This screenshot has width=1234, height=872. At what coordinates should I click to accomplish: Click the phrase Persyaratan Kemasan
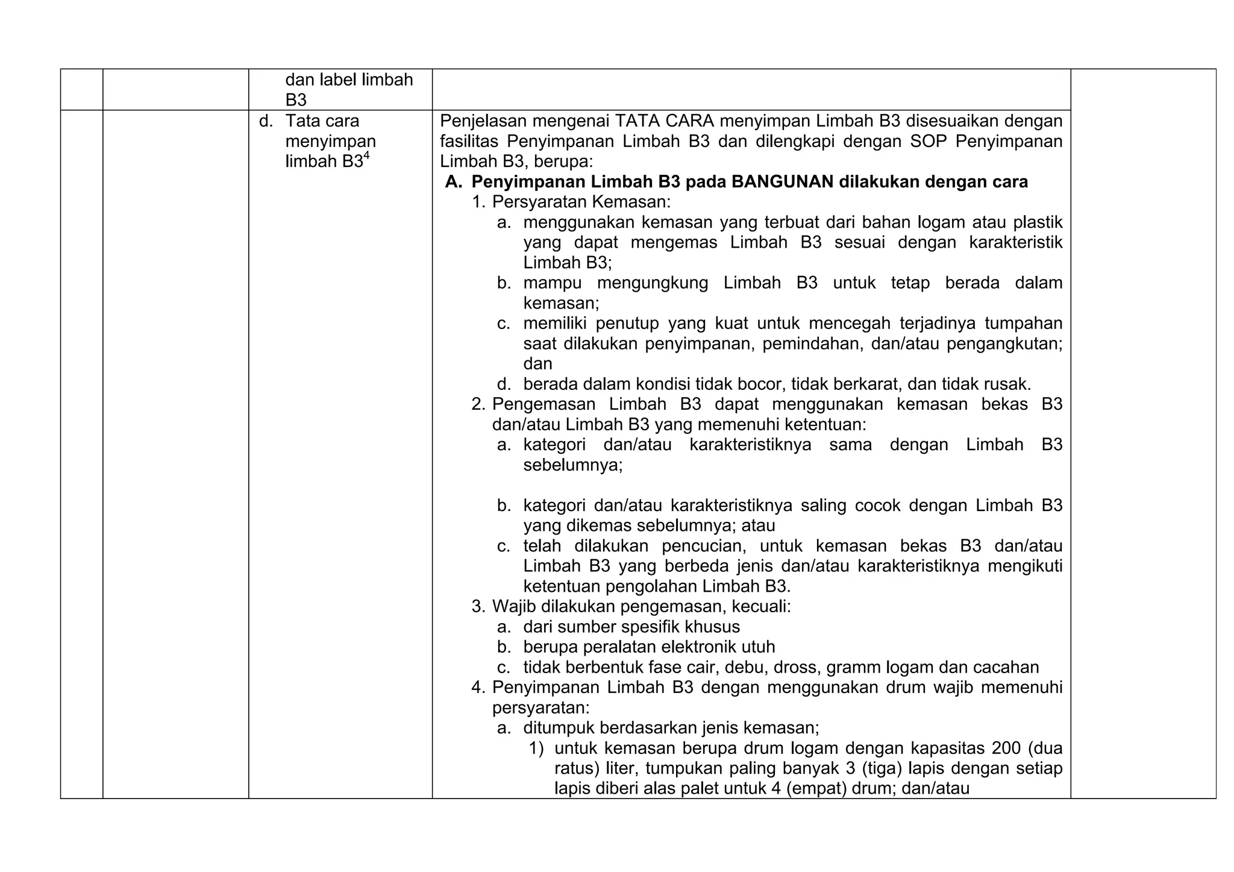tap(581, 202)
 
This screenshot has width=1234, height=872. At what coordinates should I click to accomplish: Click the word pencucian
tap(701, 547)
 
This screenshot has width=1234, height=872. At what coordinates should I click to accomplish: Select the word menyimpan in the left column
tap(330, 142)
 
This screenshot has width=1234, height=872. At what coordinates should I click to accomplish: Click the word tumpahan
tap(1023, 324)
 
